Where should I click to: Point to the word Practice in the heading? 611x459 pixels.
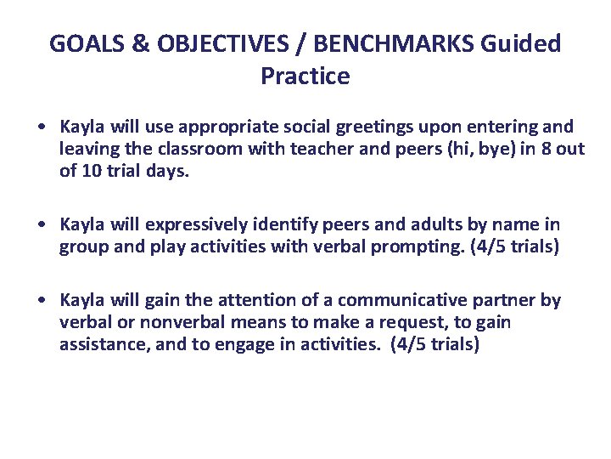tap(305, 76)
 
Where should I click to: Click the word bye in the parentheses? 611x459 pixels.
tap(490, 149)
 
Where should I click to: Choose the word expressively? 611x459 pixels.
tap(196, 224)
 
